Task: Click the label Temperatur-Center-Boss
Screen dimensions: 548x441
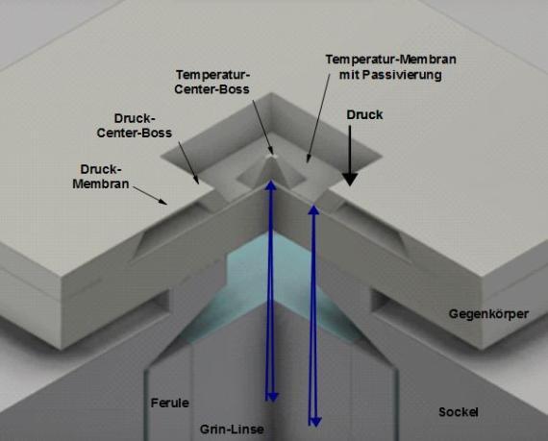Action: point(212,82)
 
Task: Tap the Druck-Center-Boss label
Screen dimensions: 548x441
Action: point(135,126)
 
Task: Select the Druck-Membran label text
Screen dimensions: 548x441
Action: point(101,177)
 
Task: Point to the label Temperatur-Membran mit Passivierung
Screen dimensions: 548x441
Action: point(390,66)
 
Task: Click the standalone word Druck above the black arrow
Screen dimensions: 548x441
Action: point(364,115)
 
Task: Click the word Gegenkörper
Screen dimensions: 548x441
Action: point(488,314)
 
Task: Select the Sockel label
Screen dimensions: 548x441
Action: point(459,412)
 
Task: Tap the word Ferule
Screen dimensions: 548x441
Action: point(170,403)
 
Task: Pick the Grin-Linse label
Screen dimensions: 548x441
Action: point(232,429)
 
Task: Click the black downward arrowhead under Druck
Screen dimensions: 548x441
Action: point(350,180)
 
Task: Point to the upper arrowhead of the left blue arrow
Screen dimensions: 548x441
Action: point(271,184)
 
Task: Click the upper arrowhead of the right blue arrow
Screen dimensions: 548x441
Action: point(313,209)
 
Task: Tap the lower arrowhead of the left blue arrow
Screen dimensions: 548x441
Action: point(272,397)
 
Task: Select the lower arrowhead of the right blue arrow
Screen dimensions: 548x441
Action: point(315,422)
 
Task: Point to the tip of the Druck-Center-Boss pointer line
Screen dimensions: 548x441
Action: point(198,183)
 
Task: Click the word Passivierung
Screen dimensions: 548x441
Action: point(409,75)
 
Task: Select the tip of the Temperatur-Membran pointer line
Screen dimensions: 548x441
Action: point(308,161)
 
